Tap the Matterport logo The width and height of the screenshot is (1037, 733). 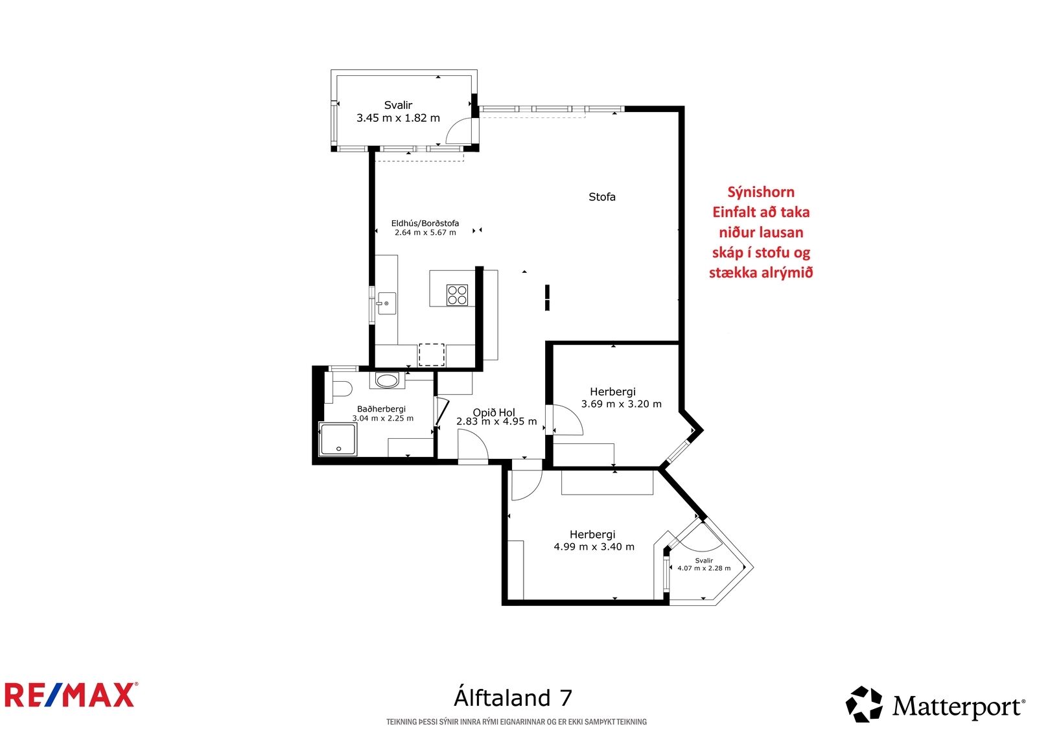935,704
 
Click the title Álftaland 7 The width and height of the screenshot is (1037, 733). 513,698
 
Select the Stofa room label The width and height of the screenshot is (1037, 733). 602,197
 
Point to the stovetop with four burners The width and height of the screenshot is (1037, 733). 457,295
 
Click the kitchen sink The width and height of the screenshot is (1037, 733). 387,303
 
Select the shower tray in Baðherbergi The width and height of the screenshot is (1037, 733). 338,439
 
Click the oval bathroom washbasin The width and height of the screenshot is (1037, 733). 387,380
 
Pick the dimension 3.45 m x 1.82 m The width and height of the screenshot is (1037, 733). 398,117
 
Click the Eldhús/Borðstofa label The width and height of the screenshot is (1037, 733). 425,223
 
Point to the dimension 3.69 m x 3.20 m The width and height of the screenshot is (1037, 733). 622,404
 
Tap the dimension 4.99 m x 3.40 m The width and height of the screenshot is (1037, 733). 594,546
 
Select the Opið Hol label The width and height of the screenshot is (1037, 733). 493,412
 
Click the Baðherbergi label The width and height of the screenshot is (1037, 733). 381,409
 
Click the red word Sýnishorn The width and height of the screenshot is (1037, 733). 761,192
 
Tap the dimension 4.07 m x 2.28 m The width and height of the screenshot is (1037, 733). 704,568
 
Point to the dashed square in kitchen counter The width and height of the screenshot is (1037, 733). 432,355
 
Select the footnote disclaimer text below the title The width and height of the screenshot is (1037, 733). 516,721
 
